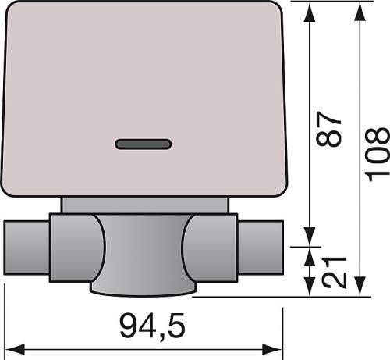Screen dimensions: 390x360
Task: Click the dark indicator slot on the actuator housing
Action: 144,144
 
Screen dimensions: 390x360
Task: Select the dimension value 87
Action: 328,129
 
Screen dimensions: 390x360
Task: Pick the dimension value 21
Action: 334,272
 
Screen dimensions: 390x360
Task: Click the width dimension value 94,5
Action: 153,326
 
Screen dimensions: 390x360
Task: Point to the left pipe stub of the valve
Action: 27,248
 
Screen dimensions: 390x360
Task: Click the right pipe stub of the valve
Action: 261,248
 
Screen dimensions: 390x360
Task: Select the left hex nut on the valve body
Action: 77,248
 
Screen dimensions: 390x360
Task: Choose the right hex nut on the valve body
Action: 210,248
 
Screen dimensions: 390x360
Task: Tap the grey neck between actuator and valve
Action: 145,205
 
